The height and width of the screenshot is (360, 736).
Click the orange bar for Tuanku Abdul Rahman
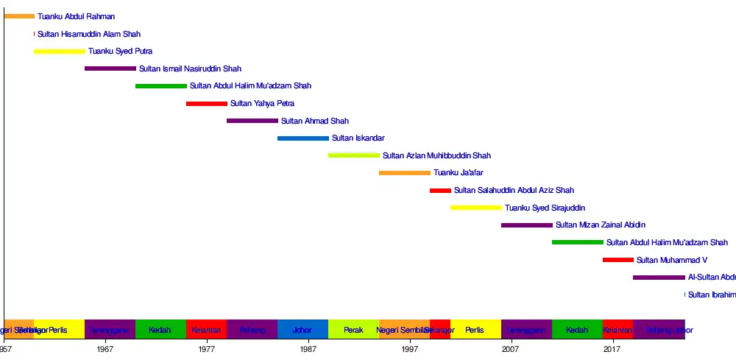[x=19, y=16]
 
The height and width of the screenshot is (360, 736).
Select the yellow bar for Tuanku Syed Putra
[x=60, y=52]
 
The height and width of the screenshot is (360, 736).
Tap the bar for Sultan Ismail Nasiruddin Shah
[x=110, y=68]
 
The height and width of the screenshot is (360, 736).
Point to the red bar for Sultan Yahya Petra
[x=207, y=104]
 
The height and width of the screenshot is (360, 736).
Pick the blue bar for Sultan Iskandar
[x=303, y=138]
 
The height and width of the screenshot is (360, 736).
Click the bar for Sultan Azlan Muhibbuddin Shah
[x=354, y=155]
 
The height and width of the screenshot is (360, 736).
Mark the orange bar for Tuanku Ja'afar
[x=405, y=173]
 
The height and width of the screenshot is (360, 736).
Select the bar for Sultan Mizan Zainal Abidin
[x=527, y=225]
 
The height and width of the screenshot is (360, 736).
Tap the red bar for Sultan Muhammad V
[x=618, y=260]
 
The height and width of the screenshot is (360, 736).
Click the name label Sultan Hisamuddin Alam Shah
[x=89, y=34]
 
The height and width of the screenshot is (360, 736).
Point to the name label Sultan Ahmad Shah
[x=315, y=121]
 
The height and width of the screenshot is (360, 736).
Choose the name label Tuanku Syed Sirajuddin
[x=545, y=208]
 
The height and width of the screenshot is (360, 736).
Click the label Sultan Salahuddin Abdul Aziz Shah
[x=514, y=191]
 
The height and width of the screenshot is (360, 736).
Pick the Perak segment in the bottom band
[x=354, y=330]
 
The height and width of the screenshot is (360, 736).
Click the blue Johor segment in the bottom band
[x=303, y=330]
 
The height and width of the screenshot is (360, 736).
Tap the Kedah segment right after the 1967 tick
[x=160, y=330]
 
